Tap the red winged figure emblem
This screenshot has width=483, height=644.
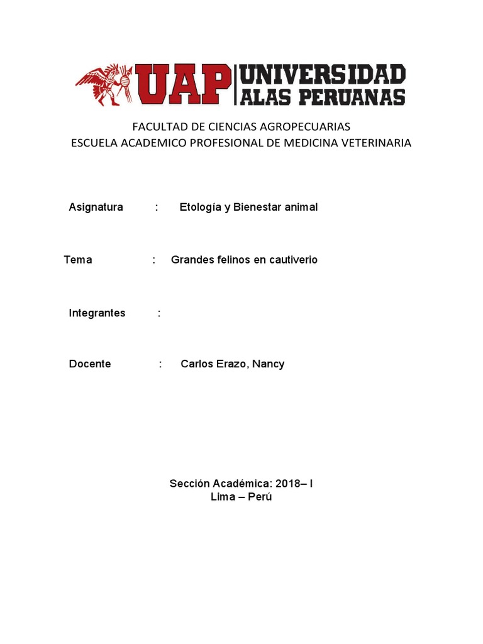coord(104,84)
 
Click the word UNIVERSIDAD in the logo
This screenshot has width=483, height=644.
coord(323,75)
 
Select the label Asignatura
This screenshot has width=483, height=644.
coord(96,207)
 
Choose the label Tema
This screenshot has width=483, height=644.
coord(78,260)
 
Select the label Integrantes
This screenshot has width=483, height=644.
coord(97,313)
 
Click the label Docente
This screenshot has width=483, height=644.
coord(90,364)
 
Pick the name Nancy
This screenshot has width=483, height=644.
coord(269,364)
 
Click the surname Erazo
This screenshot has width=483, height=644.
coord(231,364)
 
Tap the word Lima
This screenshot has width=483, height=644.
coord(223,497)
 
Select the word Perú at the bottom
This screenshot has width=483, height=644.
coord(261,497)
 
